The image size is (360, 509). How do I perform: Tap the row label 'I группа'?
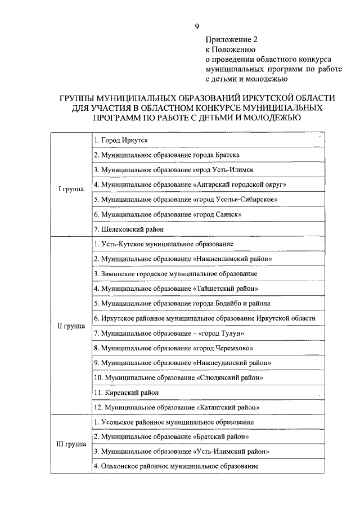click(x=71, y=189)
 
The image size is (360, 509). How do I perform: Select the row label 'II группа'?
click(x=71, y=326)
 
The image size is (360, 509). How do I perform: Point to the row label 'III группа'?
click(x=71, y=444)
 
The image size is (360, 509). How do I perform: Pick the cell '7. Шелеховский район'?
click(x=129, y=229)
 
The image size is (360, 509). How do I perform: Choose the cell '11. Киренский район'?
click(x=127, y=392)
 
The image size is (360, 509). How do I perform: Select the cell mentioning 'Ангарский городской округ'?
click(x=191, y=184)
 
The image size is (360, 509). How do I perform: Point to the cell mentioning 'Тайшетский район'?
click(x=175, y=289)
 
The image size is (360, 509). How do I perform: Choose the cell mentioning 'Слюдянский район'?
click(x=179, y=377)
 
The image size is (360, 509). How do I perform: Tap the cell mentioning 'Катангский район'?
click(x=180, y=407)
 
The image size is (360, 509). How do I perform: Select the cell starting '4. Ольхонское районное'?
click(x=175, y=466)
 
